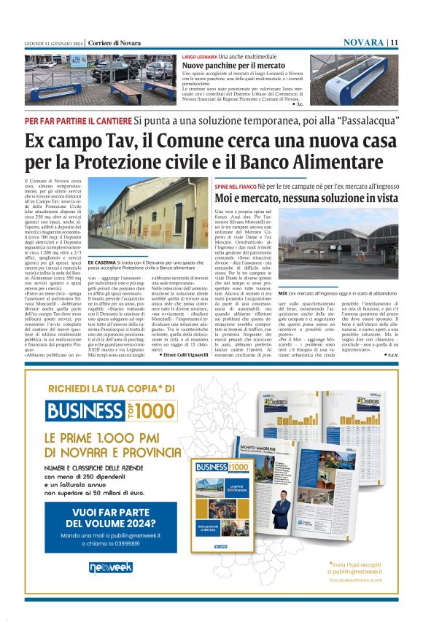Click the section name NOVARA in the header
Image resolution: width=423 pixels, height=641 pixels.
(x=362, y=42)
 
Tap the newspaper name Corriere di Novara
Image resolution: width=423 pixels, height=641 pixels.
(x=115, y=42)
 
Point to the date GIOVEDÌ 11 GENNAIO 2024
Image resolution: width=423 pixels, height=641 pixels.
(x=53, y=42)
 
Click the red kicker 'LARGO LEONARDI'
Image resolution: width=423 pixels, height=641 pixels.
(x=199, y=56)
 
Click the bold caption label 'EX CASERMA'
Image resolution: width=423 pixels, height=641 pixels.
(x=100, y=261)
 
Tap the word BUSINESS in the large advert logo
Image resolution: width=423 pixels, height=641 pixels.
(x=84, y=411)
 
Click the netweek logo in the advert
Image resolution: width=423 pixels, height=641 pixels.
(x=110, y=567)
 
